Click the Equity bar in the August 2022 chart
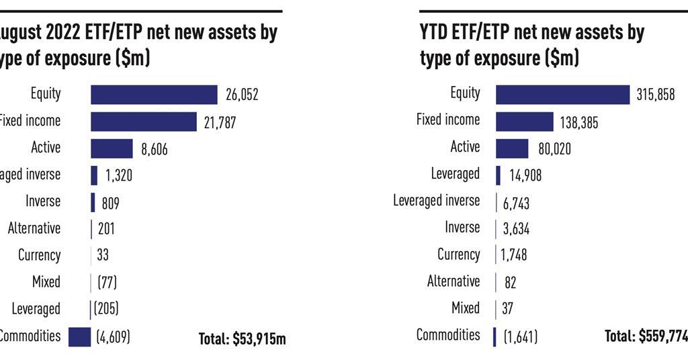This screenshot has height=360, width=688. (154, 95)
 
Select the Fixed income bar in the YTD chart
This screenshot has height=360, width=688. (524, 122)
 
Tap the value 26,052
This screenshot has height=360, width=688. (241, 95)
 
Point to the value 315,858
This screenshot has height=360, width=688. (655, 95)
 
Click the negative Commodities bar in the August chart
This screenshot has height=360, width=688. (79, 336)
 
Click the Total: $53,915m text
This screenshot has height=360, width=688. (242, 339)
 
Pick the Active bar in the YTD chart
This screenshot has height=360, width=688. (512, 148)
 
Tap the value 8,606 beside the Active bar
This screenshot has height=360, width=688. (154, 149)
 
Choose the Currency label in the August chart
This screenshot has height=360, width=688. (40, 255)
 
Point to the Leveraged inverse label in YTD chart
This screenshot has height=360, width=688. (437, 201)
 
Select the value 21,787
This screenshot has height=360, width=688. (220, 122)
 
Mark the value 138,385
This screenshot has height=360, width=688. (578, 122)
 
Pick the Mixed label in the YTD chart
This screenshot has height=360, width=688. (466, 308)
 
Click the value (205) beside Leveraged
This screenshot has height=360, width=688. (106, 309)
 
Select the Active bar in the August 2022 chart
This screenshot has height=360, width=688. (112, 148)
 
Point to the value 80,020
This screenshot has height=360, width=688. (554, 148)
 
